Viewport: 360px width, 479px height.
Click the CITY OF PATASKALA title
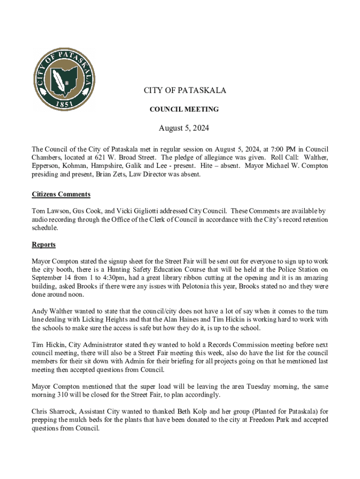185,90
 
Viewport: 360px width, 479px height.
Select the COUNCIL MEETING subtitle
184,109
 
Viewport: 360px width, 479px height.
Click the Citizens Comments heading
61,194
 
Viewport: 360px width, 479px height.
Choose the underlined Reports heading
43,245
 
